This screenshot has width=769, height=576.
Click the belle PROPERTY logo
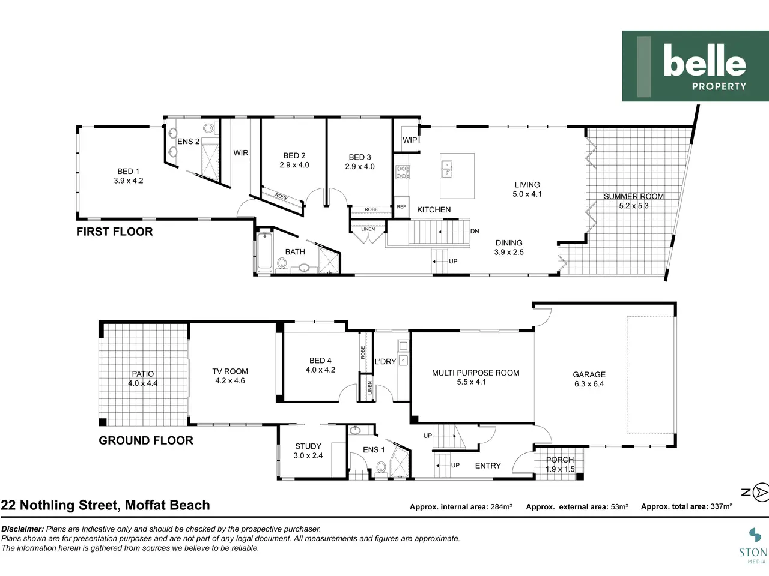click(696, 66)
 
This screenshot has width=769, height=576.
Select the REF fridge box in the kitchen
click(401, 206)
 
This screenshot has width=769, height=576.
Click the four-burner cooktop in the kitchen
click(403, 172)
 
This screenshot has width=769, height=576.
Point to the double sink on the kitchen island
click(447, 169)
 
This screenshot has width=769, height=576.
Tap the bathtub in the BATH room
click(265, 251)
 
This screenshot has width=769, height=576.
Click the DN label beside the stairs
click(475, 231)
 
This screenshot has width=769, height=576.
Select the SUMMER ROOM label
click(633, 197)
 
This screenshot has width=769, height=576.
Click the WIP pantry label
click(410, 140)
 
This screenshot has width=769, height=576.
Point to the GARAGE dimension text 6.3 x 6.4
click(589, 383)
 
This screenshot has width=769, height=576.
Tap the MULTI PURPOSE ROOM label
click(475, 373)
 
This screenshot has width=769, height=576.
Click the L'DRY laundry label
click(385, 362)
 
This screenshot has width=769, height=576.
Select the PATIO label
click(142, 374)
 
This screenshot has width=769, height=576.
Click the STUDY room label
click(308, 446)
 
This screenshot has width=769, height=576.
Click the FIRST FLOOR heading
click(115, 232)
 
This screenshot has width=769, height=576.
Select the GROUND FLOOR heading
click(146, 440)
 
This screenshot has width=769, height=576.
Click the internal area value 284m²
click(501, 506)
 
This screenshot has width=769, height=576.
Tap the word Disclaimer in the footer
click(23, 529)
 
